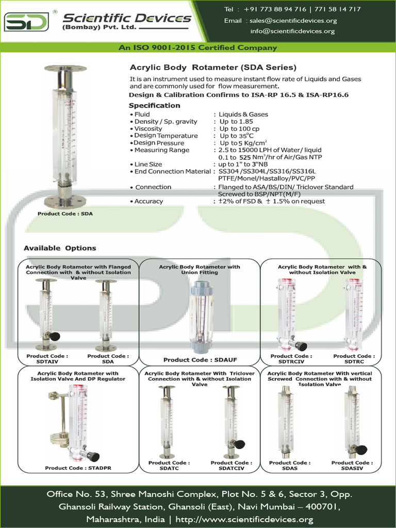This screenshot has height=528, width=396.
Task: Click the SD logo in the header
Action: pyautogui.click(x=27, y=22)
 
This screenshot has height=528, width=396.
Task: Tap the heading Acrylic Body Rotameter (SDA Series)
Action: pyautogui.click(x=212, y=68)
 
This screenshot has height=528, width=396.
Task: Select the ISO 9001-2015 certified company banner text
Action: pyautogui.click(x=198, y=47)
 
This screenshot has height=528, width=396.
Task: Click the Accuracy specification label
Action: pyautogui.click(x=148, y=201)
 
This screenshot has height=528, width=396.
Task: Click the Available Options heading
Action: pyautogui.click(x=60, y=248)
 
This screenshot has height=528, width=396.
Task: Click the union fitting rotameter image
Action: pyautogui.click(x=199, y=317)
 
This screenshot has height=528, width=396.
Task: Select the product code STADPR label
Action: pyautogui.click(x=78, y=468)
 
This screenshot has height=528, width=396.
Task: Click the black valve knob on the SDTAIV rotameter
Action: pyautogui.click(x=54, y=337)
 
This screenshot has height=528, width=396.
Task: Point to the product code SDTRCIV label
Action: pyautogui.click(x=291, y=359)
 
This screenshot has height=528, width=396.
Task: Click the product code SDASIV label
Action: pyautogui.click(x=352, y=466)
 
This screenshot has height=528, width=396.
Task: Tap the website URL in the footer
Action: pyautogui.click(x=244, y=519)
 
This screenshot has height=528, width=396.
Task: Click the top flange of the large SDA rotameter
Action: pyautogui.click(x=65, y=69)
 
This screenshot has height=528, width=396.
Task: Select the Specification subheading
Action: pyautogui.click(x=154, y=105)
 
